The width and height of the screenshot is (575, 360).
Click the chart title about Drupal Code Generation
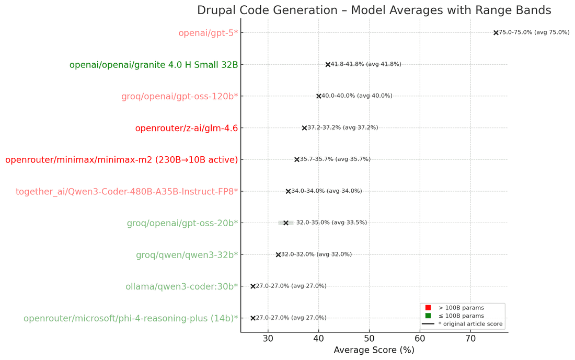(374, 10)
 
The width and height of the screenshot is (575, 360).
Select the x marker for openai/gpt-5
(496, 32)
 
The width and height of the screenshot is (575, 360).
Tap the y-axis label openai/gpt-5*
(208, 33)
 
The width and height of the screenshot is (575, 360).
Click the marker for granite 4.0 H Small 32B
(328, 64)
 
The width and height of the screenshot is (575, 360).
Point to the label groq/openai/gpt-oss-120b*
(179, 97)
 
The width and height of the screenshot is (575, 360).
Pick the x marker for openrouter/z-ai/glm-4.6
(304, 128)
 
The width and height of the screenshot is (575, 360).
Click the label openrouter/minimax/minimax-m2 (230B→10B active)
(121, 160)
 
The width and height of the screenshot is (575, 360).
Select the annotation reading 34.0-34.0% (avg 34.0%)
(326, 191)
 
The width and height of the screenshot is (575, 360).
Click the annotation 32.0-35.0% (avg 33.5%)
(331, 223)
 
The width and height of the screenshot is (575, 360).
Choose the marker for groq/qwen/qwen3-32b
(278, 255)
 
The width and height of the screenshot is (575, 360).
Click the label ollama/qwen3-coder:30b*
(181, 286)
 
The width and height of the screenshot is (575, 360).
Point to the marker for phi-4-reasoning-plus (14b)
(253, 318)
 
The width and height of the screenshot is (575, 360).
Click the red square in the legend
(428, 308)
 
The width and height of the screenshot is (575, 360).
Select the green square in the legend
(428, 316)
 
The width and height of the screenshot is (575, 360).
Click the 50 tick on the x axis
(369, 339)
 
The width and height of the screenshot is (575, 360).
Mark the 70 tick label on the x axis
(470, 339)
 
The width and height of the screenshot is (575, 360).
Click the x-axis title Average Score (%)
(374, 350)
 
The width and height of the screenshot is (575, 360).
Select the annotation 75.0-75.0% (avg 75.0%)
(534, 32)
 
